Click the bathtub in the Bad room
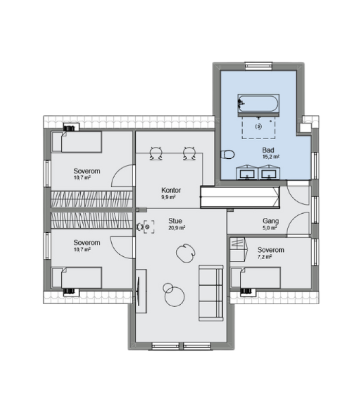pos(259,104)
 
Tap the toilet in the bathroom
pos(227,155)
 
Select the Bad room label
pos(268,150)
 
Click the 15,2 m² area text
pos(271,157)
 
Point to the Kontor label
pos(171,190)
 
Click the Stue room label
pos(175,221)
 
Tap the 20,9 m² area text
pos(177,228)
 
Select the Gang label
pos(271,221)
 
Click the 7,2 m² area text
pos(264,257)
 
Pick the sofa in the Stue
pos(211,293)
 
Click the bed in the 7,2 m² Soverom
pos(256,278)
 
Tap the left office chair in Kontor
pos(156,154)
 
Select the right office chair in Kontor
pos(189,154)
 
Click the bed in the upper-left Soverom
pos(77,142)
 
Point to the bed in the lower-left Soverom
pos(77,278)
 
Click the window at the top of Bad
pos(259,66)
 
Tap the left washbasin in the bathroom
pos(247,173)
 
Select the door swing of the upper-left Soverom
pos(123,176)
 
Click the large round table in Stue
pos(174,297)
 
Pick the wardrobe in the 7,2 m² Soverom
pos(239,249)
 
